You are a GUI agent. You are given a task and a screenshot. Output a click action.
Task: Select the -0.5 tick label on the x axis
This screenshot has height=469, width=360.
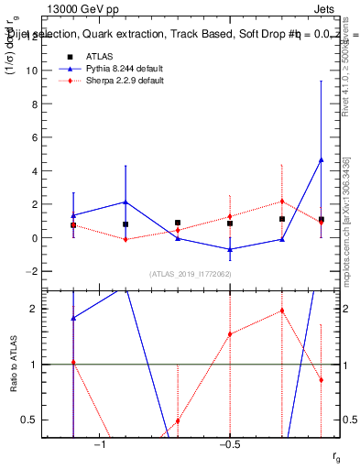click(x=229, y=444)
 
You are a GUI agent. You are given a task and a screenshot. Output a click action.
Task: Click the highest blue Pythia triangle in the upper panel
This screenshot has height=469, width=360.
click(x=321, y=160)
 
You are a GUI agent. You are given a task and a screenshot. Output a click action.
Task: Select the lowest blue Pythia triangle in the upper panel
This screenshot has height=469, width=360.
click(x=230, y=249)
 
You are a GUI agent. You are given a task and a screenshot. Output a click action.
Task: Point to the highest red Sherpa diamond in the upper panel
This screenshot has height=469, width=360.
click(x=282, y=202)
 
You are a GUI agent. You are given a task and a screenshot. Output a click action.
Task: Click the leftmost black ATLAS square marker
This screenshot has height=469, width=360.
click(x=73, y=225)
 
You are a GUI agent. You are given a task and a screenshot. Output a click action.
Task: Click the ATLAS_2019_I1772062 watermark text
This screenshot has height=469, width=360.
click(x=191, y=274)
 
